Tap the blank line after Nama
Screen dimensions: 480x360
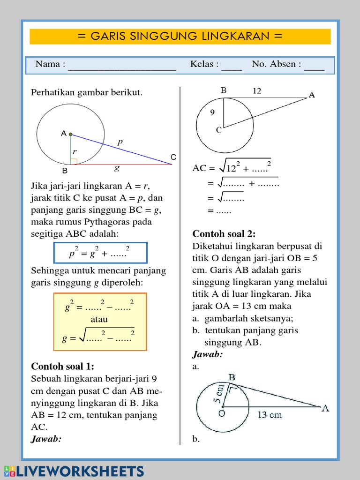[x=122, y=66]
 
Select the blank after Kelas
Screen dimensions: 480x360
[x=232, y=66]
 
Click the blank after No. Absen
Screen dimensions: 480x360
[x=314, y=66]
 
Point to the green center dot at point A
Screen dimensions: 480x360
[x=71, y=135]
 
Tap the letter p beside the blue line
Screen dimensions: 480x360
[x=120, y=141]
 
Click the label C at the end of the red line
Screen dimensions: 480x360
[x=173, y=157]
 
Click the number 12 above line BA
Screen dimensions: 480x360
[x=257, y=91]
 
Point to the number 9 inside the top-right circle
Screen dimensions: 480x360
[x=212, y=112]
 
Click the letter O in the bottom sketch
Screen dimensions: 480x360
[x=221, y=413]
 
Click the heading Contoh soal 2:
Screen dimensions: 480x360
[x=224, y=234]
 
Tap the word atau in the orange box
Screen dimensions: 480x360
[x=99, y=319]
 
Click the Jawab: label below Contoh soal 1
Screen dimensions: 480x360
[x=46, y=439]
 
